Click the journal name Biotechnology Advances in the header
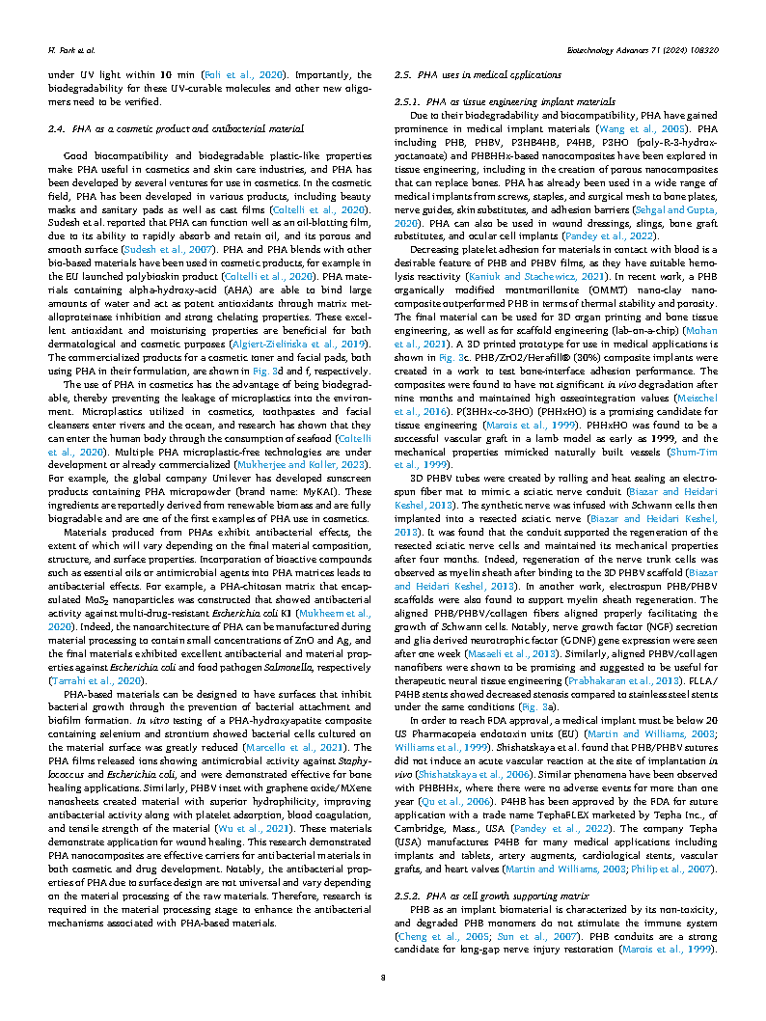click(616, 46)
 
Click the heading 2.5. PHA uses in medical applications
click(479, 74)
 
